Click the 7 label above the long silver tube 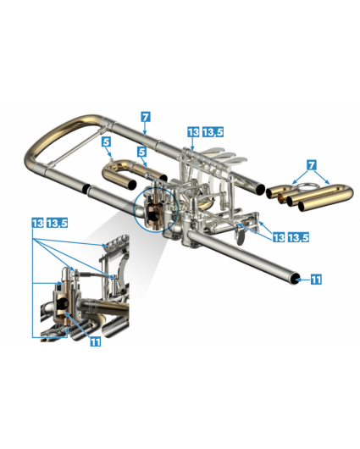[x=146, y=117]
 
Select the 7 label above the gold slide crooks [x=312, y=165]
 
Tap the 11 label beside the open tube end [x=316, y=280]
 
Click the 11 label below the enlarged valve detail [x=96, y=341]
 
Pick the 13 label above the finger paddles [x=194, y=132]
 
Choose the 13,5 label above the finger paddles [x=213, y=132]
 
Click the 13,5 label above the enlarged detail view [x=58, y=223]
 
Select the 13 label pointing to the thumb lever [x=279, y=237]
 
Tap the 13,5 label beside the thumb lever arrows [x=298, y=237]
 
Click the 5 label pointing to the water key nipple [x=106, y=141]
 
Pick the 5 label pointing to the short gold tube [x=141, y=152]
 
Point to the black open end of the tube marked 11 [x=294, y=279]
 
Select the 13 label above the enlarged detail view [x=37, y=223]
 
